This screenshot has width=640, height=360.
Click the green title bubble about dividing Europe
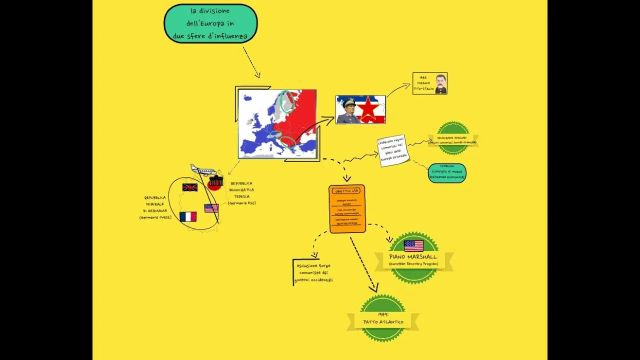pos(210,23)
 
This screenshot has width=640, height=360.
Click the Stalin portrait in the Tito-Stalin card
pos(440,83)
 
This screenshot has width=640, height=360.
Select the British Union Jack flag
pos(190,187)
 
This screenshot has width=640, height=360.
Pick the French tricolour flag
pos(188,216)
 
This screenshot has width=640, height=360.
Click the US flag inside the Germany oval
pos(211,208)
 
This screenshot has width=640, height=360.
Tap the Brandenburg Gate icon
pos(216,180)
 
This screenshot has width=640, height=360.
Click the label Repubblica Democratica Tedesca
pos(242,193)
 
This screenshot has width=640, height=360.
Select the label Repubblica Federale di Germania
pos(155,207)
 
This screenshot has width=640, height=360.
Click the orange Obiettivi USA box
pos(347,208)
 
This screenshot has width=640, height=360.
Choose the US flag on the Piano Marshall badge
pos(413,245)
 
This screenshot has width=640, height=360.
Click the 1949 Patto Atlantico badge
pos(383,318)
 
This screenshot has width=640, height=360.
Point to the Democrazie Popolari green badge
pos(453,138)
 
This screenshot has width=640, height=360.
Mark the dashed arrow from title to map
pos(251,62)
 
